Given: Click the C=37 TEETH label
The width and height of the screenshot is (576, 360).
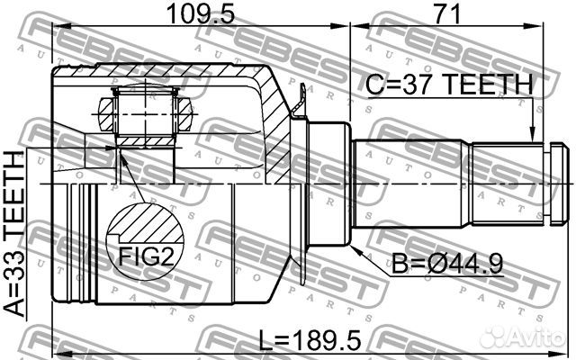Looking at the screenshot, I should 449,85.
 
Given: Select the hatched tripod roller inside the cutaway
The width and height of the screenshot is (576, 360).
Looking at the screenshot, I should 144,112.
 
